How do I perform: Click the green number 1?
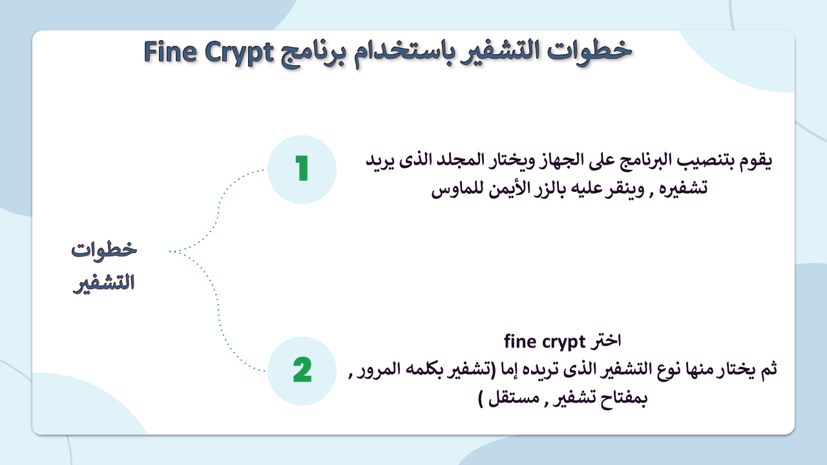[302, 169]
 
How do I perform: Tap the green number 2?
[302, 369]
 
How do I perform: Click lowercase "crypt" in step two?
[563, 342]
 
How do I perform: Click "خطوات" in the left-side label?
[104, 250]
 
